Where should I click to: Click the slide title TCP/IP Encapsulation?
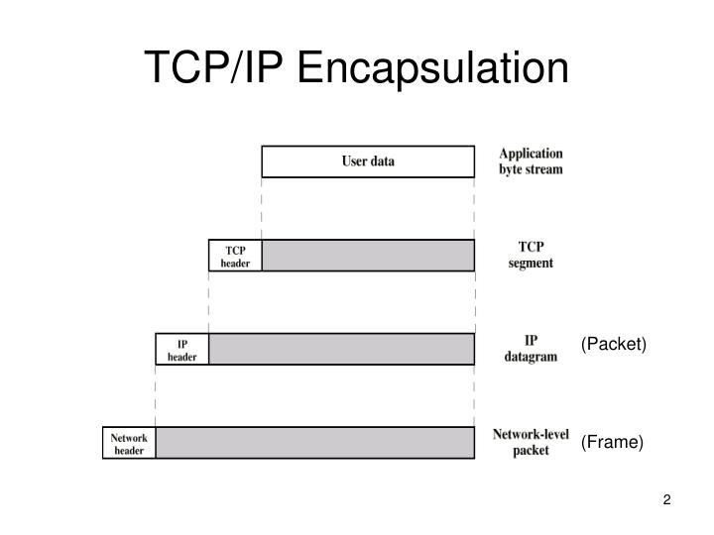pos(357,67)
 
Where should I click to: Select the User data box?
pos(368,161)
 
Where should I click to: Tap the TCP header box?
pos(235,256)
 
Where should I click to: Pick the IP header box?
pos(182,350)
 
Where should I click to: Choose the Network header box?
pos(129,443)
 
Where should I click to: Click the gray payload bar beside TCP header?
pos(368,256)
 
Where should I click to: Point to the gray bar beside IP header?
pos(341,350)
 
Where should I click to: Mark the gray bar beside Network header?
pos(314,443)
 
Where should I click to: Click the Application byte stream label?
pos(531,161)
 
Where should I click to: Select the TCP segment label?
pos(531,255)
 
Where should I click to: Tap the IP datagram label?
pos(531,349)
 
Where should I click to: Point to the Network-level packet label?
pos(531,442)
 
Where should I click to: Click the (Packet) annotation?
pos(613,344)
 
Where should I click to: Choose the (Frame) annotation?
pos(612,442)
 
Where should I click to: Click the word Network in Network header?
pos(129,437)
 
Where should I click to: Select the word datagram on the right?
pos(531,357)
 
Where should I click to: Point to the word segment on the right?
pos(531,264)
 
